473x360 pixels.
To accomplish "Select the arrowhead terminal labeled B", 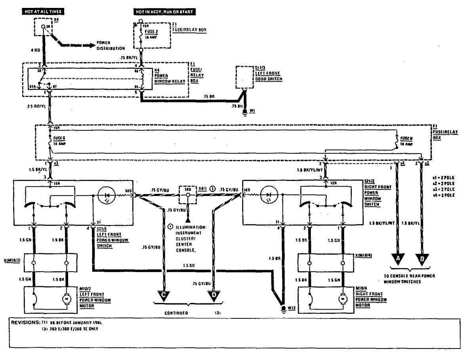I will tap(422, 258).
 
